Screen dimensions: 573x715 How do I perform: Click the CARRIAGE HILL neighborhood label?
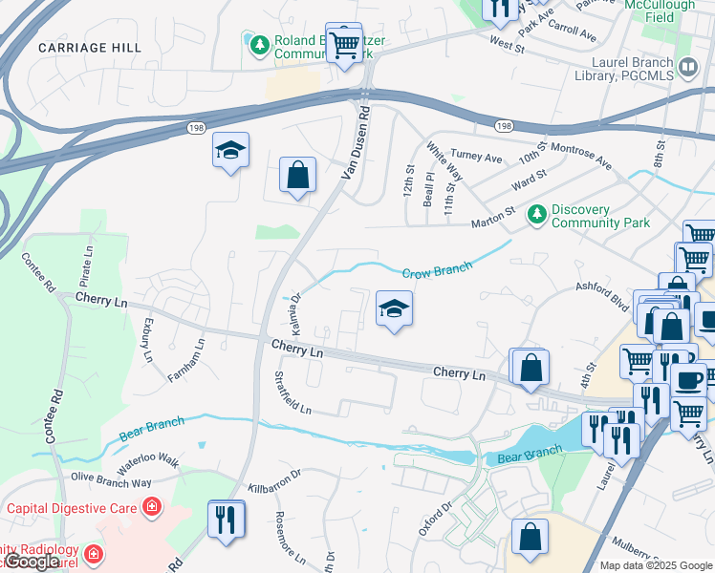point(90,47)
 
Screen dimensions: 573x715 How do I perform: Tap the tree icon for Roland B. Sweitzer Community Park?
point(259,45)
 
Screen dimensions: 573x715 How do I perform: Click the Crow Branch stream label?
point(437,271)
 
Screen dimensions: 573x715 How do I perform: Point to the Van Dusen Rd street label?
point(357,144)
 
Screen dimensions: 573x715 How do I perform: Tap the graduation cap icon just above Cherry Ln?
point(393,308)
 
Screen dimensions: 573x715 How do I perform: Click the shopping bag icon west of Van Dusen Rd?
point(297,176)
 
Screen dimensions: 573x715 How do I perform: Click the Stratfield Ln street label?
point(292,393)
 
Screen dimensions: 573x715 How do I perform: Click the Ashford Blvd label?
point(601,293)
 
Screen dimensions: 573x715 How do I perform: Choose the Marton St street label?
point(493,223)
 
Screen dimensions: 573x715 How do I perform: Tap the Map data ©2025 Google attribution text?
point(655,565)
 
